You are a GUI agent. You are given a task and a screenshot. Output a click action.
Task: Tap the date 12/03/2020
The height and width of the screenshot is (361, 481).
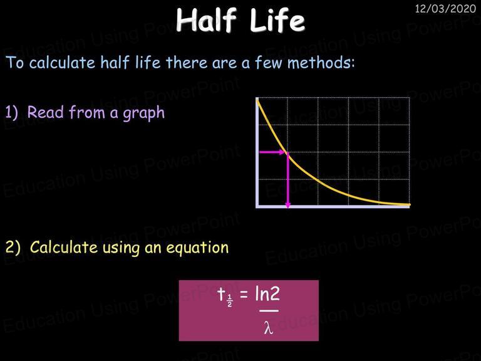pos(445,8)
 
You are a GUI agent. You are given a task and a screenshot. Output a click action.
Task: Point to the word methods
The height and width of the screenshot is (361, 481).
pos(321,63)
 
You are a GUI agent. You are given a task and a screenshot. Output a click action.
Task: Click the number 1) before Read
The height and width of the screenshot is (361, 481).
pos(12,112)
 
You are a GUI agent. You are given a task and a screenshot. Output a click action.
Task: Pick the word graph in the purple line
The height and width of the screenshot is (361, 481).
pos(143,113)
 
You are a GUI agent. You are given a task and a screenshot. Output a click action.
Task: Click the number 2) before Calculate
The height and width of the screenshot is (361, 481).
pos(13,247)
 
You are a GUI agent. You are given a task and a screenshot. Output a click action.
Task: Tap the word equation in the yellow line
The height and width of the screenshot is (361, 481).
pos(197,248)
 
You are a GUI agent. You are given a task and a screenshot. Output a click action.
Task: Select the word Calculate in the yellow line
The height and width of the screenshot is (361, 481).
pos(64,247)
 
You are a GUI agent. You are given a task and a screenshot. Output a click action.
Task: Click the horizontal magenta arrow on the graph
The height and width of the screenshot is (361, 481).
pos(272,152)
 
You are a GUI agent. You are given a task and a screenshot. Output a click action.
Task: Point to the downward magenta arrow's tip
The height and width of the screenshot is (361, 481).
pos(287,208)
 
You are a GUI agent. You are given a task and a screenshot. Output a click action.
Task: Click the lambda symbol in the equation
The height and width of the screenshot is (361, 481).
pos(269,327)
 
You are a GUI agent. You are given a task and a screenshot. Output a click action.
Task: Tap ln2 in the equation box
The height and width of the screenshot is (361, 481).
pos(267,293)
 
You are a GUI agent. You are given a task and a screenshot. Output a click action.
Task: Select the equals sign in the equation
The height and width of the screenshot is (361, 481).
pos(244,294)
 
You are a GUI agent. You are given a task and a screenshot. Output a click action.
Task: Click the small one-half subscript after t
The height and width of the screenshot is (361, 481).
pos(230,301)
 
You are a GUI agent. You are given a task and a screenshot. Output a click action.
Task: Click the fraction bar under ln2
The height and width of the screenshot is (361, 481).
pos(269,311)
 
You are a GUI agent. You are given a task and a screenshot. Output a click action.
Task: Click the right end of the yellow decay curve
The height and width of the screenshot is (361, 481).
pos(410,204)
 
